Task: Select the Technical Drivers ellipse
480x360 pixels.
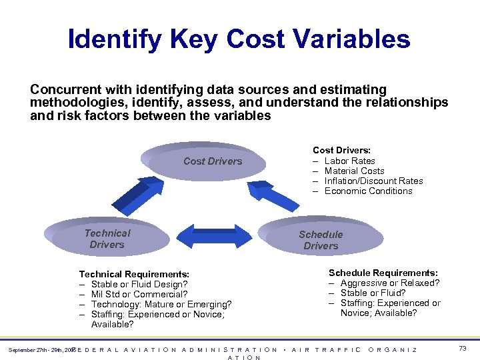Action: tap(107, 239)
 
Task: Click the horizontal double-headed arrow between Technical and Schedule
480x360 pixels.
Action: tap(213, 236)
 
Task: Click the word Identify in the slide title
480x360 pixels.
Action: tap(114, 39)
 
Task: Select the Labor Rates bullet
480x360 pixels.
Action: tap(349, 161)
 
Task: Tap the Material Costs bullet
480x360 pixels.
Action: tap(354, 171)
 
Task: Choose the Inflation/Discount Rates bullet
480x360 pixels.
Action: tap(373, 181)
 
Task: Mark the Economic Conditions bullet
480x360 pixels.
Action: tap(368, 191)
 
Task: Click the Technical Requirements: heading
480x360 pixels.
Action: tap(134, 274)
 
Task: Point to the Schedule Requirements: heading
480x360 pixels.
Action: tap(383, 273)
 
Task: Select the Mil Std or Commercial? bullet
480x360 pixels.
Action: tap(139, 294)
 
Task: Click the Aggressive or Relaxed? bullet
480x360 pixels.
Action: tap(389, 283)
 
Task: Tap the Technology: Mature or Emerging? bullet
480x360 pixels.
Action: tap(161, 304)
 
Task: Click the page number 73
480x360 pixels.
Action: tap(463, 349)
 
